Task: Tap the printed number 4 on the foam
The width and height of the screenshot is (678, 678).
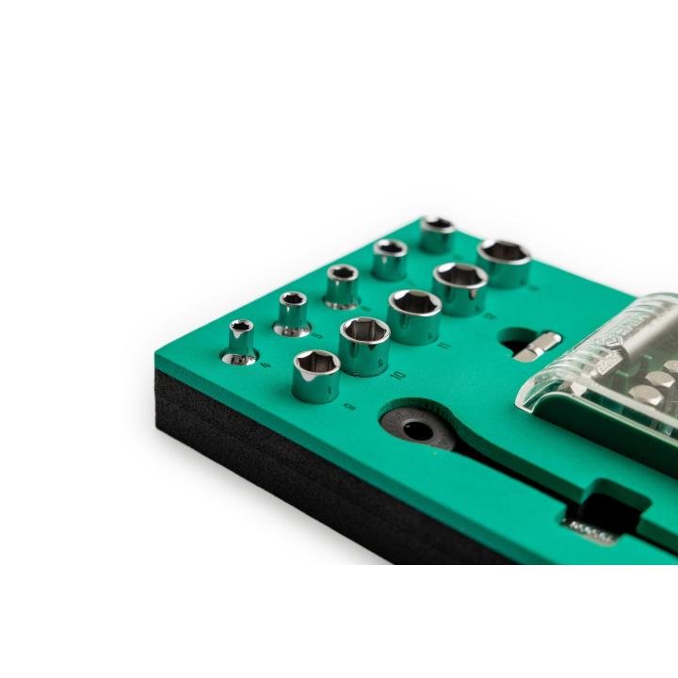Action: tap(242, 366)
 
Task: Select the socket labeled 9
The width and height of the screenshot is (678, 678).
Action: tap(317, 374)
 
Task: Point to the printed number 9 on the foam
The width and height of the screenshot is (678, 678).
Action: tap(324, 408)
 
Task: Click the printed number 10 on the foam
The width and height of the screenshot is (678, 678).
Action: tap(374, 376)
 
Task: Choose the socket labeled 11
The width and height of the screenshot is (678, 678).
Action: tap(413, 315)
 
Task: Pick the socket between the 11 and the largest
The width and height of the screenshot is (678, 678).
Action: tap(460, 287)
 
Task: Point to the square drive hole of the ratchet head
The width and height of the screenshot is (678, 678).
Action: tap(414, 430)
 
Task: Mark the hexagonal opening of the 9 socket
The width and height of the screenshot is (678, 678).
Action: tap(315, 362)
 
